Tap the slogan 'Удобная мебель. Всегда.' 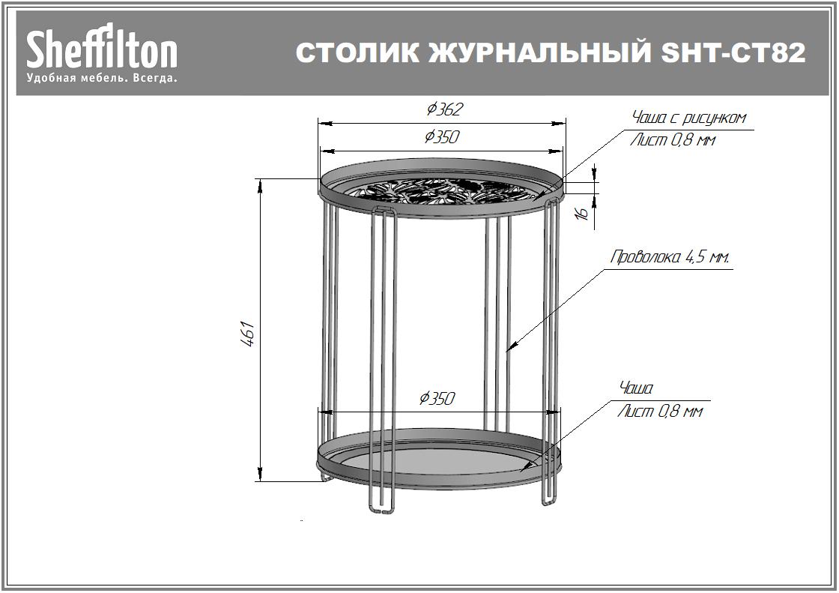click(x=102, y=77)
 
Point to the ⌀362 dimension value click(x=445, y=109)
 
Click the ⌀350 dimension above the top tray click(x=441, y=137)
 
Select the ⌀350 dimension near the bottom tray click(x=437, y=398)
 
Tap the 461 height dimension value click(x=249, y=334)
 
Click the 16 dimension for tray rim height click(x=582, y=213)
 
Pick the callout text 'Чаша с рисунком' click(x=688, y=118)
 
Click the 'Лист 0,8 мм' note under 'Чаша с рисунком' click(x=672, y=139)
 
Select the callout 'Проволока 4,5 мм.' click(x=670, y=258)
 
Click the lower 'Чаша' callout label click(x=636, y=388)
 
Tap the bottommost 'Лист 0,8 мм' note click(x=660, y=412)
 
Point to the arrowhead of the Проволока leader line click(x=510, y=348)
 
